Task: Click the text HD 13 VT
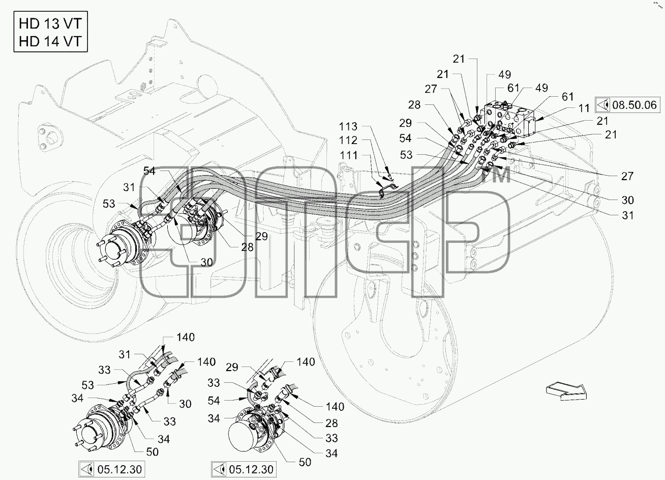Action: click(x=50, y=23)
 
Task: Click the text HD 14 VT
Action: click(x=50, y=41)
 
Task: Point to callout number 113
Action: click(x=348, y=127)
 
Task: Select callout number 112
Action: click(x=348, y=140)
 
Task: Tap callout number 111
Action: click(x=348, y=155)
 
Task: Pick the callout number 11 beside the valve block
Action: click(x=584, y=108)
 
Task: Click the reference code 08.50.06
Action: click(x=634, y=105)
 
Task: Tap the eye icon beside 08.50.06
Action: click(x=603, y=105)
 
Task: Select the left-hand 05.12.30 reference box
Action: click(x=112, y=470)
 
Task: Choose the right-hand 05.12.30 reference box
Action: click(x=244, y=470)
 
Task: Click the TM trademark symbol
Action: click(x=499, y=175)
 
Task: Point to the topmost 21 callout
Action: click(x=459, y=59)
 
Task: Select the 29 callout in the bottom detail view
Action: click(x=232, y=368)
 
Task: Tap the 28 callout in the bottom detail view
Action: click(x=331, y=423)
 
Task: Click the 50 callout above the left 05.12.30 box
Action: click(x=153, y=452)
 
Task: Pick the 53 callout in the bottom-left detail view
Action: click(x=87, y=385)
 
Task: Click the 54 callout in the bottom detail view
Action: click(x=214, y=401)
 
